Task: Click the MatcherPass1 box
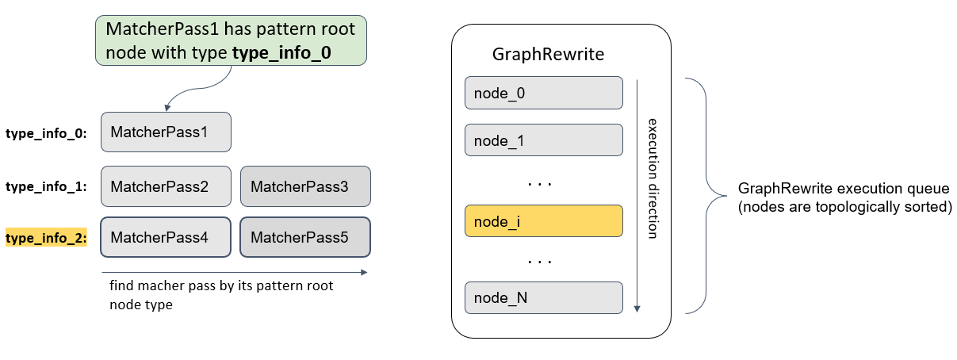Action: tap(166, 132)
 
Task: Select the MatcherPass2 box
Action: tap(166, 186)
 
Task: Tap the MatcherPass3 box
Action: tap(305, 186)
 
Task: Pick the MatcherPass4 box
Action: tap(166, 237)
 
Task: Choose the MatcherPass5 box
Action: tap(305, 237)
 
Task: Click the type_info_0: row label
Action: tap(46, 133)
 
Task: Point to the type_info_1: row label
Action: tap(46, 187)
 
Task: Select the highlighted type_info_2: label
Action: tap(46, 238)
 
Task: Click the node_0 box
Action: tap(543, 93)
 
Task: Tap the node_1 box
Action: tap(543, 140)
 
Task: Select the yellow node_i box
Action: tap(543, 220)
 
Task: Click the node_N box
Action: tap(543, 297)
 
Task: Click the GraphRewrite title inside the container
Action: tap(548, 55)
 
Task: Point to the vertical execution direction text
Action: tap(653, 178)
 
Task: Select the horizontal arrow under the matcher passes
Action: tap(235, 272)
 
